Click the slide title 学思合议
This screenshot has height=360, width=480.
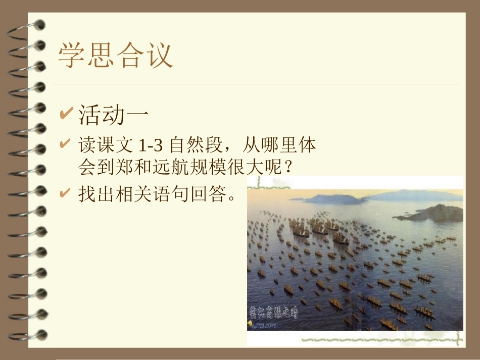point(116,55)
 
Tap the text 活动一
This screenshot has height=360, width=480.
point(114,115)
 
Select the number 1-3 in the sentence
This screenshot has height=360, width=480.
point(150,146)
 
